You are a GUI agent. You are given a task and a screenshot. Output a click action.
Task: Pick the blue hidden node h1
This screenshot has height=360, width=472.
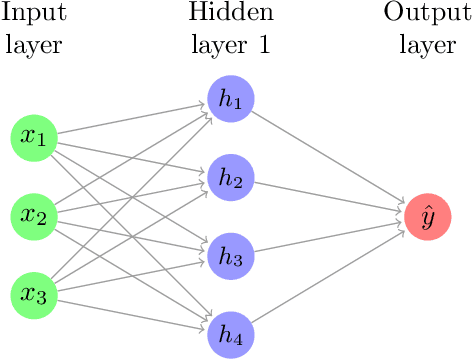[x=231, y=97]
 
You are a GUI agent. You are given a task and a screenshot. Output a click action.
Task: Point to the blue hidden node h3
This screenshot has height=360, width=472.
[x=231, y=256]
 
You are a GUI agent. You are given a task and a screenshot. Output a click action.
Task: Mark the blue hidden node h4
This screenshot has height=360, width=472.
[x=231, y=335]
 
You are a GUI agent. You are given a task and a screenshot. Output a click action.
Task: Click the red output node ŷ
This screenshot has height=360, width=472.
[x=428, y=216]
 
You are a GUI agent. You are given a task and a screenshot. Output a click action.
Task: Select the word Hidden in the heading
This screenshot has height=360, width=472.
[x=231, y=14]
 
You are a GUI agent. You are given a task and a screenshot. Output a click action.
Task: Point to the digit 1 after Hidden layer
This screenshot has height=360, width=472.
[x=263, y=45]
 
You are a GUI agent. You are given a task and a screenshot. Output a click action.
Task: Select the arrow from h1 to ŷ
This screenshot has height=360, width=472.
[x=330, y=157]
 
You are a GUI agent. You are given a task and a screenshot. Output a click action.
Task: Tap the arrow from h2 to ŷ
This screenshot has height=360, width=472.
[x=330, y=196]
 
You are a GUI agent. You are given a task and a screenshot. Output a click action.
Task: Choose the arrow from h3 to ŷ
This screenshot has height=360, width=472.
[x=330, y=236]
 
